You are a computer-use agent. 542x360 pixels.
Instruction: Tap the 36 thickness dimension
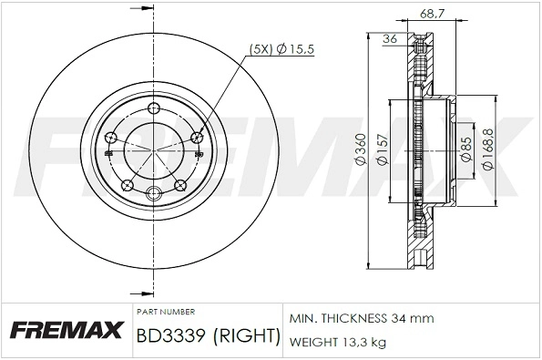pos(391,38)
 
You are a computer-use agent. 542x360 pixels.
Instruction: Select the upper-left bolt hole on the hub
pos(112,138)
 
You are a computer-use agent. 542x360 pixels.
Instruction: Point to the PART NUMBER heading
pos(164,310)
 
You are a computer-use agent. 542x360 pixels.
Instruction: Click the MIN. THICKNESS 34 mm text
pos(362,318)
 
